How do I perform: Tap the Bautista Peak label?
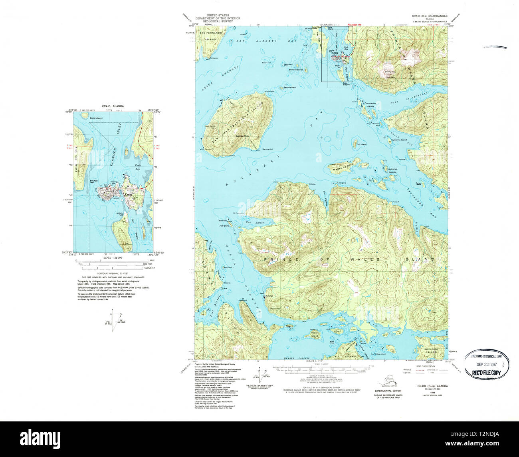pos(242,136)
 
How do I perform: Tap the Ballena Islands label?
pos(296,70)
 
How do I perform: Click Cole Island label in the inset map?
pos(96,118)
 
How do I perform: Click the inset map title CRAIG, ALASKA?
pos(113,106)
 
